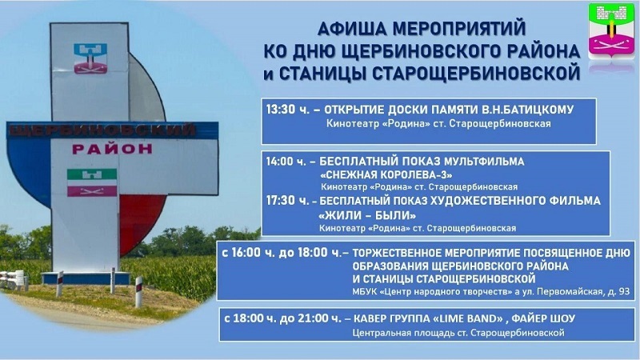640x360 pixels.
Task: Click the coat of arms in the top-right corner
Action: [x=611, y=32]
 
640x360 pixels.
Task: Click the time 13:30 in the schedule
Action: [x=281, y=110]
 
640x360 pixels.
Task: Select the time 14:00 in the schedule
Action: [x=281, y=162]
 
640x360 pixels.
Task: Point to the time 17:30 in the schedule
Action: [x=281, y=201]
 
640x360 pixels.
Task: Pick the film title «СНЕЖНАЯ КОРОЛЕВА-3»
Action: [x=386, y=174]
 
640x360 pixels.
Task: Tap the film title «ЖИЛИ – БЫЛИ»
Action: [x=367, y=214]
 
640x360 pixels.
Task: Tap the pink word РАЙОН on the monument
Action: [x=112, y=149]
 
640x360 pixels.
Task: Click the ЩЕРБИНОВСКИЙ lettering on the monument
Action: [x=102, y=130]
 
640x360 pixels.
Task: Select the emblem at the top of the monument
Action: [x=90, y=58]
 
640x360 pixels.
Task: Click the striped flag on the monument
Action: [x=92, y=182]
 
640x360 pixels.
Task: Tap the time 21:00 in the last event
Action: [x=313, y=318]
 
